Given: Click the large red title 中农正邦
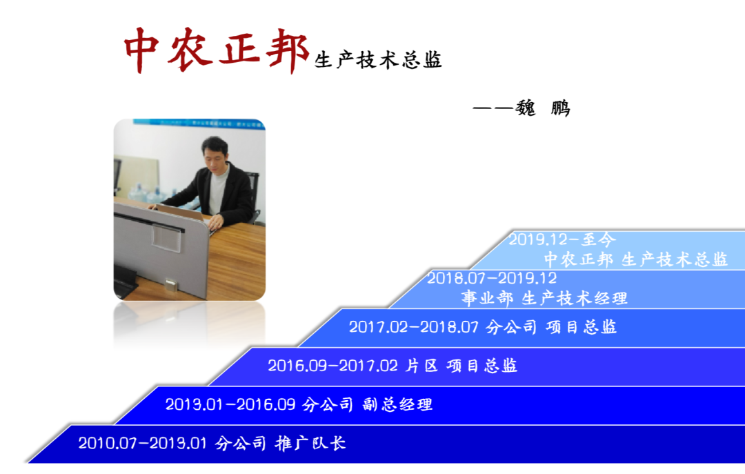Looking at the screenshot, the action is pyautogui.click(x=216, y=50).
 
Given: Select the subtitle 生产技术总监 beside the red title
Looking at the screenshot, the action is pyautogui.click(x=378, y=61).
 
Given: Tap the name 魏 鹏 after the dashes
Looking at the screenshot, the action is pyautogui.click(x=543, y=108).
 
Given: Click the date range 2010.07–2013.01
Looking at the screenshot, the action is pyautogui.click(x=143, y=443).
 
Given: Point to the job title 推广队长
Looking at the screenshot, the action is pyautogui.click(x=310, y=443).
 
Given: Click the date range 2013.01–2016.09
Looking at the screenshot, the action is pyautogui.click(x=230, y=404).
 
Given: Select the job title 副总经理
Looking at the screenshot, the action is pyautogui.click(x=398, y=404).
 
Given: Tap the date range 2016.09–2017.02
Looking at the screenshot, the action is pyautogui.click(x=332, y=366).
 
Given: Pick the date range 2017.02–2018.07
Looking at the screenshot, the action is pyautogui.click(x=414, y=327).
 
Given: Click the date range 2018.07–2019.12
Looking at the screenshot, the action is pyautogui.click(x=492, y=278).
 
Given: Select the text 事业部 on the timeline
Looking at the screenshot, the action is pyautogui.click(x=488, y=298).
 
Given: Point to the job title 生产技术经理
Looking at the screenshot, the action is pyautogui.click(x=575, y=298).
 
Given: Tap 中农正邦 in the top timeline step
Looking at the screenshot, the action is pyautogui.click(x=579, y=259).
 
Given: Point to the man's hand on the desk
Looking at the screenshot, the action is pyautogui.click(x=215, y=222).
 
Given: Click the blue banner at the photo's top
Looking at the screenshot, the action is pyautogui.click(x=199, y=123).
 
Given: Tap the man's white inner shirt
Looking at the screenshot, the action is pyautogui.click(x=217, y=190).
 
